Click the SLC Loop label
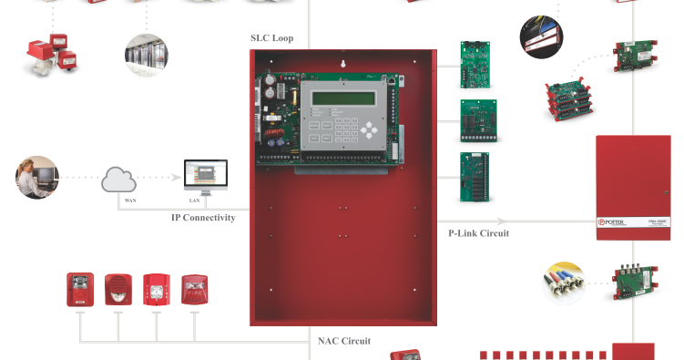tap(278, 38)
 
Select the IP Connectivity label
tap(203, 218)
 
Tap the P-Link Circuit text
tap(478, 233)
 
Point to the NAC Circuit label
tap(344, 342)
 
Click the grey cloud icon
tap(119, 180)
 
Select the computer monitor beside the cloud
tap(205, 176)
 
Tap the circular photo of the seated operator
tap(37, 177)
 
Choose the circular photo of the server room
tap(147, 54)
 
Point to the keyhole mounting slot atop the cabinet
tap(342, 65)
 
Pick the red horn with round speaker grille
tap(118, 290)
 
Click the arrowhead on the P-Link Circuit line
tap(502, 220)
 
